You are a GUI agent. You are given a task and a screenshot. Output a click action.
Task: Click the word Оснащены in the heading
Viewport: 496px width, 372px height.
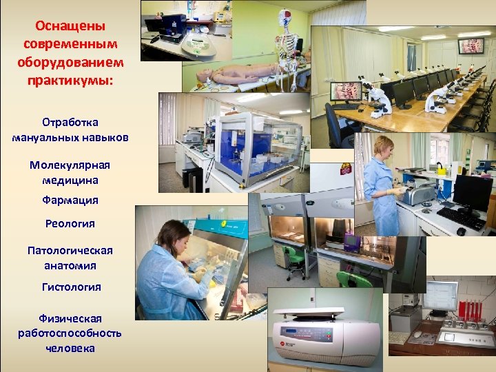pyautogui.click(x=70, y=27)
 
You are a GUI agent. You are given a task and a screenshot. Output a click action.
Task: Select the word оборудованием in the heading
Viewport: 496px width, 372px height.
pyautogui.click(x=70, y=61)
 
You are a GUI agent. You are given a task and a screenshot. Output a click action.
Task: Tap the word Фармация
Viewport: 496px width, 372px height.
pyautogui.click(x=70, y=200)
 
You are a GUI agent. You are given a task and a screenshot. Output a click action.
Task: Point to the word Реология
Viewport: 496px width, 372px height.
pyautogui.click(x=70, y=223)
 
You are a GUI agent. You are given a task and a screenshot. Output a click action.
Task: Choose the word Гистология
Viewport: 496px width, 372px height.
pyautogui.click(x=70, y=287)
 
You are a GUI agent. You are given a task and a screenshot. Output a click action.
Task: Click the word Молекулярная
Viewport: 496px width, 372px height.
pyautogui.click(x=70, y=165)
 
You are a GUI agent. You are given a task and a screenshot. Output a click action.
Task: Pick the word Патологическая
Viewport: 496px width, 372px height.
pyautogui.click(x=70, y=250)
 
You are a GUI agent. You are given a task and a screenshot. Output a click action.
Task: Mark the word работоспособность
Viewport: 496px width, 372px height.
pyautogui.click(x=70, y=333)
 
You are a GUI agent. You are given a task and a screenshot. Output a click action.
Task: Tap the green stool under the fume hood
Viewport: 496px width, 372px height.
pyautogui.click(x=296, y=254)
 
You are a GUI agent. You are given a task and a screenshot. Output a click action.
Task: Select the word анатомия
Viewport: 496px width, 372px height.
pyautogui.click(x=70, y=265)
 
